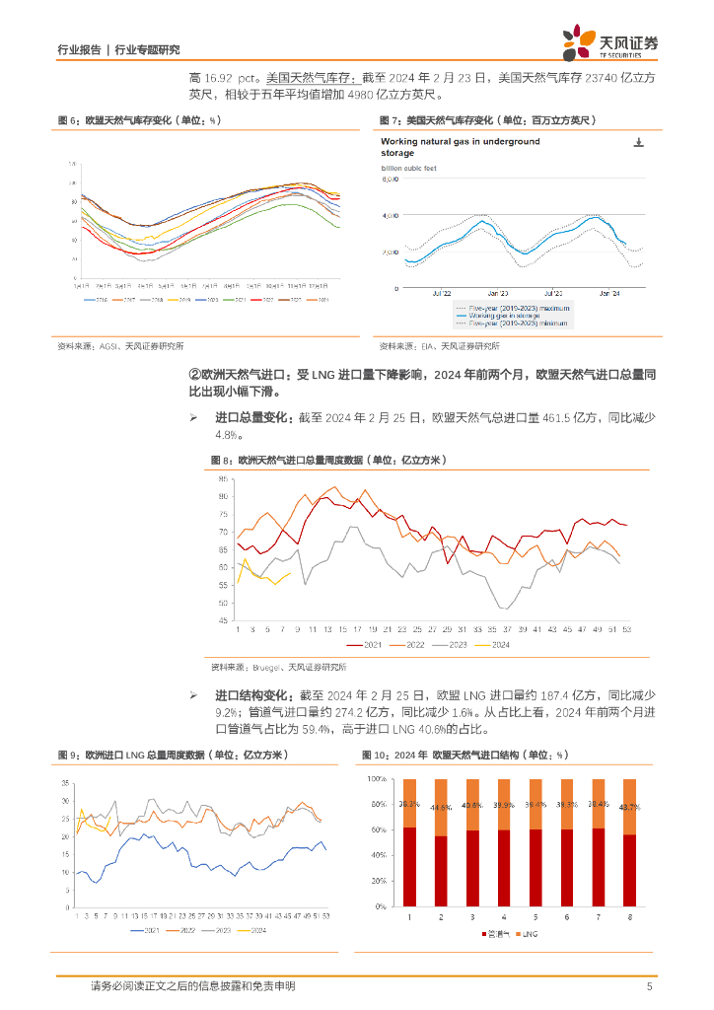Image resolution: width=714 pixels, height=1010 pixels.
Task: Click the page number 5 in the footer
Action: pos(649,986)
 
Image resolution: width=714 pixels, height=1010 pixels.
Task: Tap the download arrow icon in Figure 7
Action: pos(638,144)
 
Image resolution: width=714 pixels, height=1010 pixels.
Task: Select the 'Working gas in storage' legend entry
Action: pos(502,315)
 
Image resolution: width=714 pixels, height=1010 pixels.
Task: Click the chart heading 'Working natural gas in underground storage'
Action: pos(461,147)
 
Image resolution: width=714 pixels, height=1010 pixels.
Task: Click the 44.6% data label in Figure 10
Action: pos(441,807)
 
